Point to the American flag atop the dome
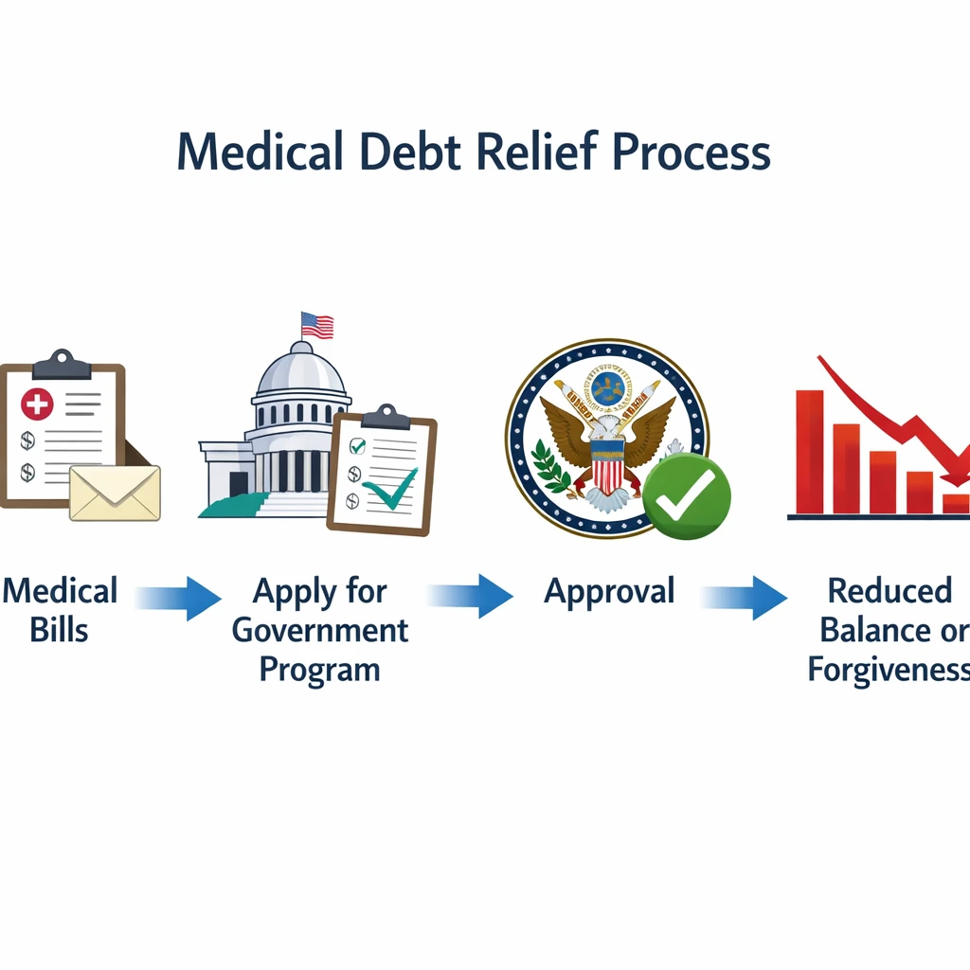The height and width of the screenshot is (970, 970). click(x=317, y=325)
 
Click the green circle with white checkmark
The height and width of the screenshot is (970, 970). click(x=687, y=497)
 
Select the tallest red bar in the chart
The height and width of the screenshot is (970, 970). click(x=810, y=451)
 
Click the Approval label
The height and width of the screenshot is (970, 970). click(x=609, y=591)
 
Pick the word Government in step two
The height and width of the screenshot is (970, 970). click(x=320, y=630)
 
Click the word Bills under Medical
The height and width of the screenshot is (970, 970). click(x=59, y=630)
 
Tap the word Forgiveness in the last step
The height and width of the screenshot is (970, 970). click(x=889, y=669)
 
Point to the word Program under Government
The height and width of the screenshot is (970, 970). click(x=320, y=669)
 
